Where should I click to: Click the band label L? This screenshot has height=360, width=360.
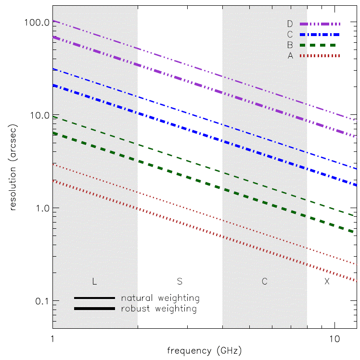(94, 281)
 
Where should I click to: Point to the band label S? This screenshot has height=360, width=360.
(180, 281)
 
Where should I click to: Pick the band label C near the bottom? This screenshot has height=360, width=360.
(264, 281)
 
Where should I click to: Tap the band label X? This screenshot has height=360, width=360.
(327, 281)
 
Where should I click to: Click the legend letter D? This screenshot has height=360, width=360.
(290, 24)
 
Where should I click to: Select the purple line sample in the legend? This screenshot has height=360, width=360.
(320, 24)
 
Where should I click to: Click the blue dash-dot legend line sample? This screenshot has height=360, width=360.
(320, 35)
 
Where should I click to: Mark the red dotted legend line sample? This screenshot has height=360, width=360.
(320, 56)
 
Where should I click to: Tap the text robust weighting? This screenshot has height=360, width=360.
(159, 309)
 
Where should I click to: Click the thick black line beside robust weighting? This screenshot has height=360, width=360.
(94, 309)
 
